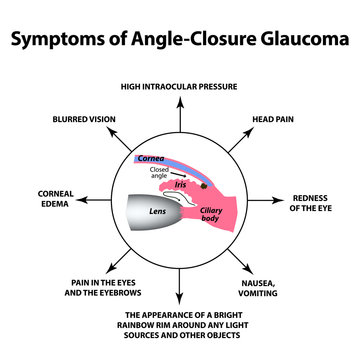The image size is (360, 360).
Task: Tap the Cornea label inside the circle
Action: (x=149, y=157)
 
